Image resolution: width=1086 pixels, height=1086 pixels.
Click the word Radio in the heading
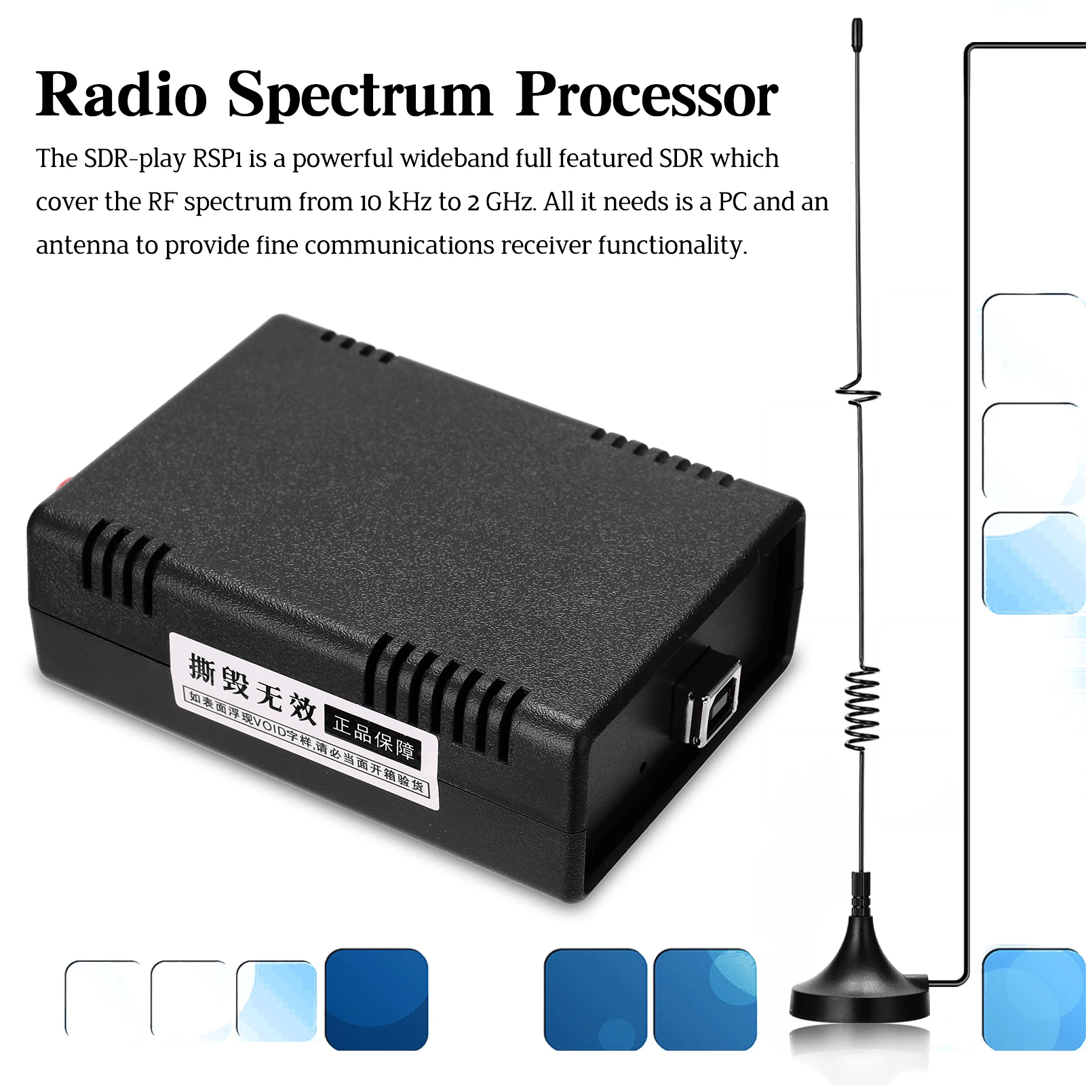tap(121, 95)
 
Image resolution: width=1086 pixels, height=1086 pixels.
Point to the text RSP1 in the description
tap(217, 159)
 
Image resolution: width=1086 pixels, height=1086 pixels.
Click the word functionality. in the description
tap(672, 246)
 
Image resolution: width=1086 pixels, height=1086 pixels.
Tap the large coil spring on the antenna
tap(862, 708)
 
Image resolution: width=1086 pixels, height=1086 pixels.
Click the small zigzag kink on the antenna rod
tap(859, 393)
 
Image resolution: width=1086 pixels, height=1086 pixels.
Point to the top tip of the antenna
tap(857, 27)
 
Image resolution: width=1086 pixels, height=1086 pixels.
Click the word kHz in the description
tap(410, 202)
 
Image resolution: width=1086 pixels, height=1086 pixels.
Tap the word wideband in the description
tap(454, 159)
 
